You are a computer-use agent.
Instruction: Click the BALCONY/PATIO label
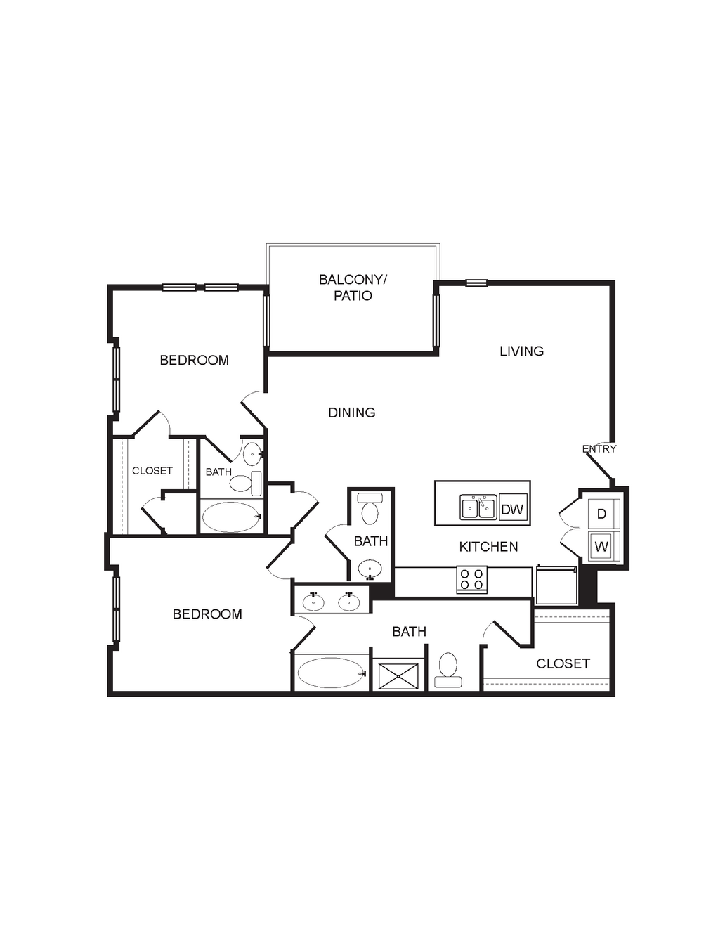click(353, 287)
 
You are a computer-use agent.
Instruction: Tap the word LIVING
click(521, 351)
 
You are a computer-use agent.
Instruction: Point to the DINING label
click(352, 413)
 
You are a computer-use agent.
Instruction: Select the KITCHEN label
click(488, 547)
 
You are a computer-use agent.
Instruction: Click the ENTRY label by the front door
click(599, 449)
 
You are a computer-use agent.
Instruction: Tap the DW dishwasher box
click(513, 510)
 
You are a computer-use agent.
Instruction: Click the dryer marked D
click(603, 514)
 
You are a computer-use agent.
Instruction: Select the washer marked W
click(603, 546)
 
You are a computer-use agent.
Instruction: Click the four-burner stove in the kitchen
click(471, 579)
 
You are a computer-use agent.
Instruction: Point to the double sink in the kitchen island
click(478, 507)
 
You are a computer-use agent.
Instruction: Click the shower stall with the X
click(398, 676)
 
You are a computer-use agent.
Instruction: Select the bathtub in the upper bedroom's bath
click(233, 517)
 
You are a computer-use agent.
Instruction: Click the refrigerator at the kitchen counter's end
click(556, 585)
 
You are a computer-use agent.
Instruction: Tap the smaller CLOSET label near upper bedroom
click(152, 471)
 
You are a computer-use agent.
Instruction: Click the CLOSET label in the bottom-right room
click(563, 663)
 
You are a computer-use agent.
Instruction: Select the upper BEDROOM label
click(195, 360)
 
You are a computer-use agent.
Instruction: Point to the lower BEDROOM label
click(207, 614)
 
